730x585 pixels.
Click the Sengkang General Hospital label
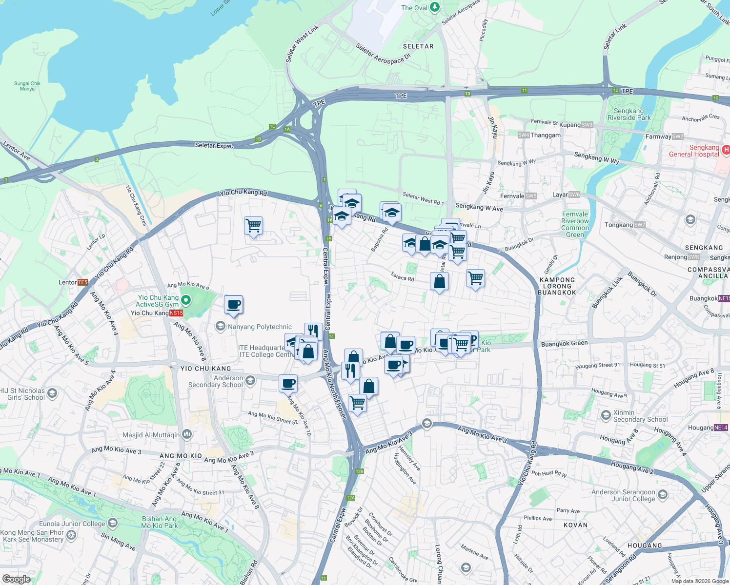(694, 151)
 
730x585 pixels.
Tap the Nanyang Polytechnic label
(260, 327)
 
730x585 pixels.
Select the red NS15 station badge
(176, 313)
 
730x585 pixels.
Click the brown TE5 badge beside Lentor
(82, 282)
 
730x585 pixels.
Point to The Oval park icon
(435, 8)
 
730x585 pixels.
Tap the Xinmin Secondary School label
(640, 416)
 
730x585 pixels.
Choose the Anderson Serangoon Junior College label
(623, 495)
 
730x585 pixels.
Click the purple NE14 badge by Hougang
(721, 428)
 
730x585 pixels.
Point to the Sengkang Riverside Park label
(629, 114)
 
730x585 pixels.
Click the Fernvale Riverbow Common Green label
(575, 224)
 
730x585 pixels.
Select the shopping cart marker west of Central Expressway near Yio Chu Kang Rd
(253, 226)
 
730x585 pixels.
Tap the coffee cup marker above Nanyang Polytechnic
(234, 305)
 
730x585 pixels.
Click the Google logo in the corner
(16, 579)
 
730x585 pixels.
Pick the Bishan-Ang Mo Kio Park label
(159, 522)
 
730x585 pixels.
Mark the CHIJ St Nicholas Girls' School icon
(53, 393)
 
